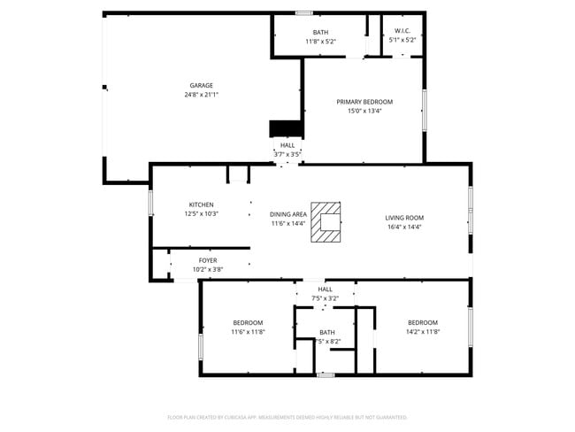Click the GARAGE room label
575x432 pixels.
coord(201,85)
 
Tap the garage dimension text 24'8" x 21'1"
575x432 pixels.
coord(201,94)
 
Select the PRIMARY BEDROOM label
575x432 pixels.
coord(364,102)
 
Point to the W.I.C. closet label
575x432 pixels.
coord(402,32)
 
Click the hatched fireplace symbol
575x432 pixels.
coord(326,222)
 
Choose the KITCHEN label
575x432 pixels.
coord(201,204)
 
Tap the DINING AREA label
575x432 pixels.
coord(288,213)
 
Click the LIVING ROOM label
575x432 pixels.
coord(403,218)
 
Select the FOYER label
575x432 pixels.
coord(208,260)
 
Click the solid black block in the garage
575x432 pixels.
coord(285,129)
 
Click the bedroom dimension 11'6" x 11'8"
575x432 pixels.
coord(248,331)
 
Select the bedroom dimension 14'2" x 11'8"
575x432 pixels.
coord(422,331)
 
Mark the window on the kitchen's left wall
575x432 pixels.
coord(150,203)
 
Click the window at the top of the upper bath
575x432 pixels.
coord(303,12)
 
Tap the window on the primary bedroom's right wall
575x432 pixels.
coord(425,110)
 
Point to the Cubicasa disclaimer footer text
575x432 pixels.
coord(287,416)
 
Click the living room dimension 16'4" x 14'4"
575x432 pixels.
coord(403,227)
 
